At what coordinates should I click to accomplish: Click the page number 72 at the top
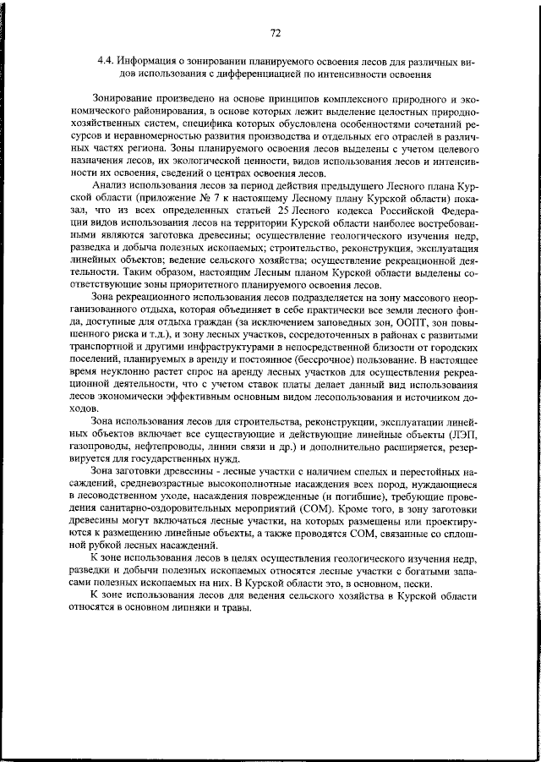275,33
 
